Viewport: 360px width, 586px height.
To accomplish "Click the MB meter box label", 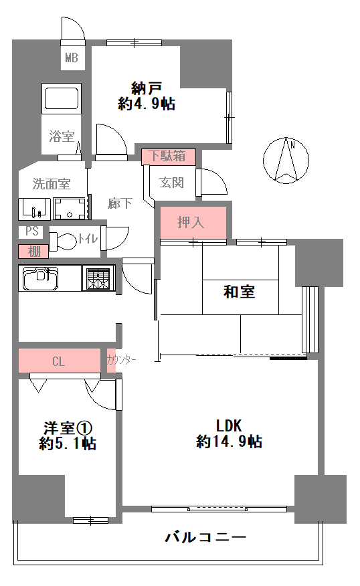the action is pyautogui.click(x=72, y=58).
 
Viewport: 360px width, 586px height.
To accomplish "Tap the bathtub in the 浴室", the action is pyautogui.click(x=62, y=98).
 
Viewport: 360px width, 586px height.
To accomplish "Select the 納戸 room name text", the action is pyautogui.click(x=147, y=88).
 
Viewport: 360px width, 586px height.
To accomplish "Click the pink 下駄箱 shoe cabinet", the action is pyautogui.click(x=169, y=157).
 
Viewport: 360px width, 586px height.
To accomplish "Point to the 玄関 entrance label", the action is pyautogui.click(x=171, y=183).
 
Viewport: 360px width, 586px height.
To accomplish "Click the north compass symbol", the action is pyautogui.click(x=286, y=161).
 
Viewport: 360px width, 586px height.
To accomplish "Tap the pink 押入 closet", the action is pyautogui.click(x=193, y=222).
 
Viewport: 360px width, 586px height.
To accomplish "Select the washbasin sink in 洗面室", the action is pyautogui.click(x=35, y=209).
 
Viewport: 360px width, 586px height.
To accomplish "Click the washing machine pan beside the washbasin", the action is pyautogui.click(x=70, y=209).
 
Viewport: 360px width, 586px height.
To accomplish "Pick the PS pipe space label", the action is pyautogui.click(x=31, y=231).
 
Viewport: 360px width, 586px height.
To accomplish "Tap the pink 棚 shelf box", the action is pyautogui.click(x=33, y=252).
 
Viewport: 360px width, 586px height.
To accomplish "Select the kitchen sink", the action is pyautogui.click(x=41, y=278).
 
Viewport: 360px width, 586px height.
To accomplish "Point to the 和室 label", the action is pyautogui.click(x=240, y=292).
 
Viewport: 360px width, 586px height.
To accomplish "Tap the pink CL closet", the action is pyautogui.click(x=60, y=361).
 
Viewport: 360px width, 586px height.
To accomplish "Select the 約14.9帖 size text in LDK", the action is pyautogui.click(x=229, y=442).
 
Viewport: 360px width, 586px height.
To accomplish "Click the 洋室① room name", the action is pyautogui.click(x=68, y=428).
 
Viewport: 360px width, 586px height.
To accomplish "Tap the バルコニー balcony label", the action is pyautogui.click(x=205, y=537).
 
